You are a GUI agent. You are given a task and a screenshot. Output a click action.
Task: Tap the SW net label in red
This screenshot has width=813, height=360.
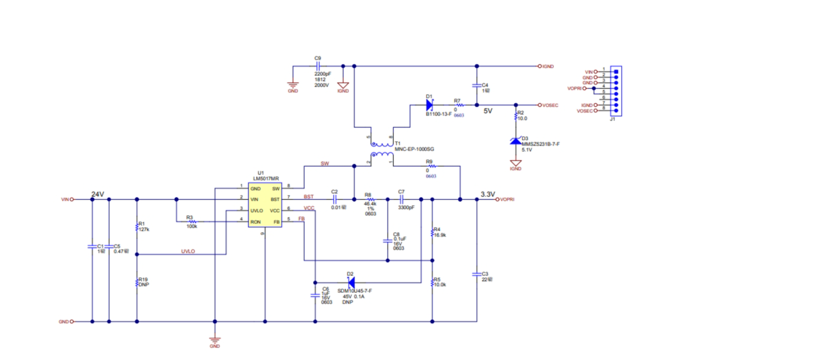(x=324, y=164)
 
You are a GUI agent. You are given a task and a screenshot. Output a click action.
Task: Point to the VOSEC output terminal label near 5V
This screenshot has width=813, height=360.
(x=550, y=105)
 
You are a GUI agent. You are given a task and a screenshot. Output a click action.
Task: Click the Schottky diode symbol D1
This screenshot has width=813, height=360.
(x=430, y=105)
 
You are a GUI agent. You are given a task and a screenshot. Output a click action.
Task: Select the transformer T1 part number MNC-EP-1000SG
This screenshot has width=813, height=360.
(x=414, y=149)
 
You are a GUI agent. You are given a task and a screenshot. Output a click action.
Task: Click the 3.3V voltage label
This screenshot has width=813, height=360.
(x=487, y=194)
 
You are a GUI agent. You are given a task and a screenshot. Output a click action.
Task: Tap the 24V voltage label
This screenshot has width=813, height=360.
(x=97, y=194)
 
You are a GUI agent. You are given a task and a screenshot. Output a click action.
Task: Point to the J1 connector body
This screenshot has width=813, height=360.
(x=615, y=92)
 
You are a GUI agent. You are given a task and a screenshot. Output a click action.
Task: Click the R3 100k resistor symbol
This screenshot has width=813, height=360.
(x=193, y=221)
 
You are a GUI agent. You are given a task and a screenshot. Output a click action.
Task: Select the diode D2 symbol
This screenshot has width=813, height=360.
(x=351, y=282)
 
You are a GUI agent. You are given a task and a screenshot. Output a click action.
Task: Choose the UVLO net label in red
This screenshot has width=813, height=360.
(x=188, y=251)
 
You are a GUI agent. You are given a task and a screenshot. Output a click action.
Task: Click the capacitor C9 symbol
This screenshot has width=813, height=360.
(x=318, y=65)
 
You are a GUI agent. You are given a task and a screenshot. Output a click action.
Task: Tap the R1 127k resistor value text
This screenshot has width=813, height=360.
(x=144, y=230)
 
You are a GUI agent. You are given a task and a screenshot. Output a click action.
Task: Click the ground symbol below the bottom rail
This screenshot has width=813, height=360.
(x=215, y=339)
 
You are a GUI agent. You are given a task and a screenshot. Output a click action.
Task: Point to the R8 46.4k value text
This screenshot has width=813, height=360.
(x=370, y=204)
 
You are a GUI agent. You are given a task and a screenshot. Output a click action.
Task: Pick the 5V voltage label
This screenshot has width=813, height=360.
(x=488, y=111)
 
